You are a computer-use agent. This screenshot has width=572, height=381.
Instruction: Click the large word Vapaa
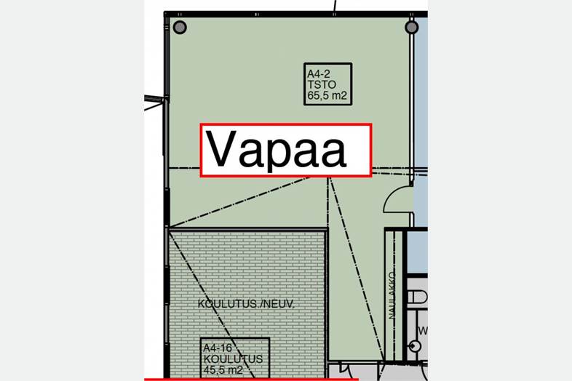click(276, 151)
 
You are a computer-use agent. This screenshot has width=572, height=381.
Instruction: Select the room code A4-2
click(319, 74)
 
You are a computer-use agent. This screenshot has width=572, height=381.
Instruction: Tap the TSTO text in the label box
click(322, 84)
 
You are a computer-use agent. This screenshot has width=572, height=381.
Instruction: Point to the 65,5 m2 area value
click(327, 95)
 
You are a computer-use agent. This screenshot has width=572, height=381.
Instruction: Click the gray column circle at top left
click(180, 27)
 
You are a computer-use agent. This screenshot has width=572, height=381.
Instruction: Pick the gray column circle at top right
click(411, 27)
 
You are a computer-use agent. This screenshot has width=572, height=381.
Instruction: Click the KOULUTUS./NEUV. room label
click(246, 304)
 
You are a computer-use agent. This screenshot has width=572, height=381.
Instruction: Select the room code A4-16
click(218, 348)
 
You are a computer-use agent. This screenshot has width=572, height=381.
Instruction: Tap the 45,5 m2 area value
click(223, 369)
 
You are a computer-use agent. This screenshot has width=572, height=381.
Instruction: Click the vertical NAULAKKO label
click(392, 296)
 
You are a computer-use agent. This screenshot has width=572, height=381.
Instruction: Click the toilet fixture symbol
click(417, 297)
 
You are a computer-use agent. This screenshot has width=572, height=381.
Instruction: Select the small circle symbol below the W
click(414, 345)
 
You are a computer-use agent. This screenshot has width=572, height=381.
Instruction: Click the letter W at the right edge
click(423, 331)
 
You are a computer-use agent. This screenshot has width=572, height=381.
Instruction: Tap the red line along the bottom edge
click(251, 380)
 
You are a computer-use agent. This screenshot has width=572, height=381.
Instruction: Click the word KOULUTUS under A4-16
click(233, 358)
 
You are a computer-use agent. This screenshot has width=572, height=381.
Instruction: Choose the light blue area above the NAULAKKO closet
click(418, 252)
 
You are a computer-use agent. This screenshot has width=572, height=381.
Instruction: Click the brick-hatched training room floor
click(247, 277)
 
